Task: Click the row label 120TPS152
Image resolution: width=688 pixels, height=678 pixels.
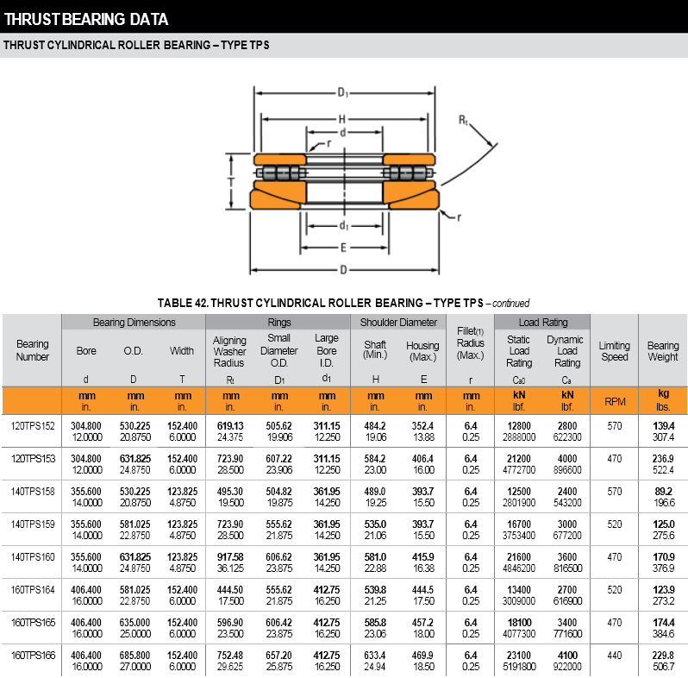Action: tap(33, 426)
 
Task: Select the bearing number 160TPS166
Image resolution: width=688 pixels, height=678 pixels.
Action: tap(33, 656)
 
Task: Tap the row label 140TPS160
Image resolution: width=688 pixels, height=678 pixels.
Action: tap(33, 556)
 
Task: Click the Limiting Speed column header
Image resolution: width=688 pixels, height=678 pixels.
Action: tap(615, 351)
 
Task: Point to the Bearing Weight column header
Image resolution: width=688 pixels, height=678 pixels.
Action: tap(663, 351)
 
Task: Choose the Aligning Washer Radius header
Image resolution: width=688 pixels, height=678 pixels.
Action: tap(230, 351)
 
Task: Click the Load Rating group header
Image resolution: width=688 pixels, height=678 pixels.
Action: tap(543, 322)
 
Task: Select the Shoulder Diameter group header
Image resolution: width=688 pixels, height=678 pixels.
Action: tap(398, 322)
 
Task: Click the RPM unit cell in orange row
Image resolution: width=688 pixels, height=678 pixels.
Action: tap(615, 401)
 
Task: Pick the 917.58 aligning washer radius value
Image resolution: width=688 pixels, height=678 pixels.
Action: tap(230, 556)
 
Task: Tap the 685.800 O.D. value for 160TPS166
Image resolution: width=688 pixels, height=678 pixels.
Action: tap(134, 656)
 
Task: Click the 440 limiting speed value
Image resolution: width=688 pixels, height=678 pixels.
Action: tap(615, 656)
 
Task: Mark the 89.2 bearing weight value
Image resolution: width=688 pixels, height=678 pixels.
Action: tap(664, 491)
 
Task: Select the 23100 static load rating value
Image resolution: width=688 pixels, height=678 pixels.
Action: tap(518, 656)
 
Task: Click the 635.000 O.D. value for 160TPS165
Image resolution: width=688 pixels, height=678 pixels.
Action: tap(134, 622)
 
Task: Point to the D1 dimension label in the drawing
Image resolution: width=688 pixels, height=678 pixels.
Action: tap(342, 92)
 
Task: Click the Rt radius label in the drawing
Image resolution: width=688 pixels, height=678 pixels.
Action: tap(463, 122)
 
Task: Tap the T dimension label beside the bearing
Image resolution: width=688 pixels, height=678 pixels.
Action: tap(231, 182)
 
